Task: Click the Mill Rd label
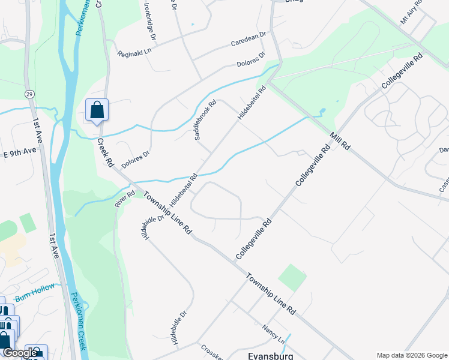coord(339,140)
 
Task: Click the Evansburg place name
coord(270,355)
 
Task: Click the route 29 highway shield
coord(29,94)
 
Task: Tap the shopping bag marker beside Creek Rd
coord(97,110)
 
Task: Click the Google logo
coord(19,353)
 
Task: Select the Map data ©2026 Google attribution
coord(412,355)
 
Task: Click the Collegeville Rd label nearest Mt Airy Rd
coord(402,73)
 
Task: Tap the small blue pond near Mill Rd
coord(322,112)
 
